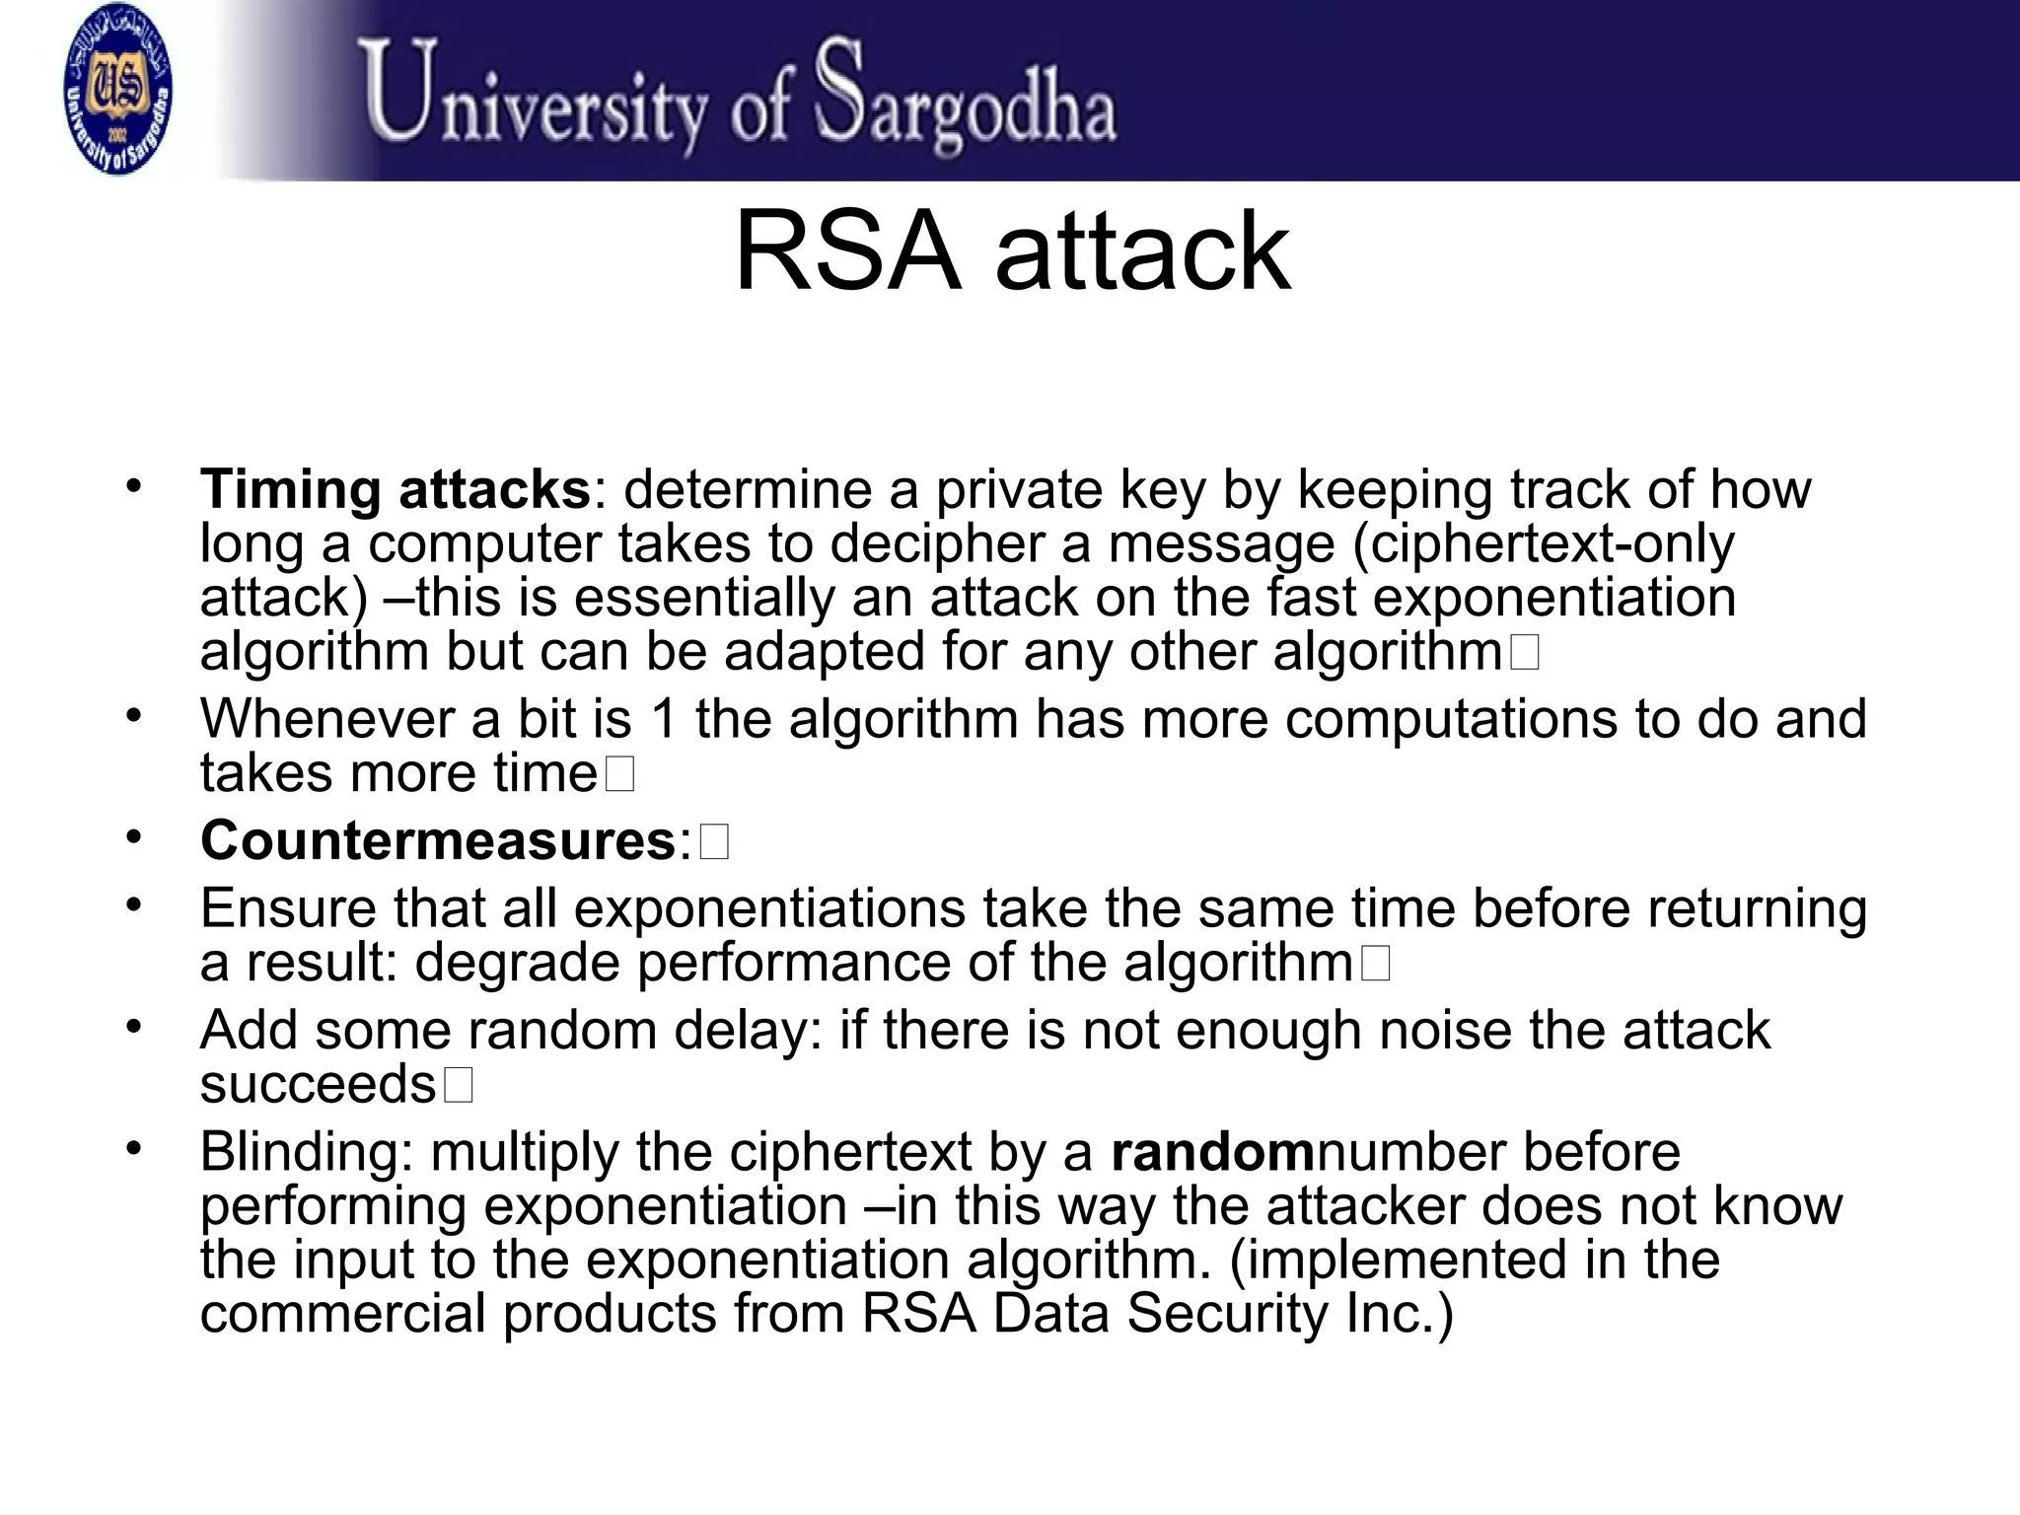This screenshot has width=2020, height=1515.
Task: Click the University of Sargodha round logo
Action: (116, 89)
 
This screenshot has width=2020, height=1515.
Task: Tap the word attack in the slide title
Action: (1142, 252)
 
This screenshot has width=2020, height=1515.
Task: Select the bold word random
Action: (1213, 1151)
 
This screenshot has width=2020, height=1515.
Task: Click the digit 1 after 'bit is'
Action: (665, 719)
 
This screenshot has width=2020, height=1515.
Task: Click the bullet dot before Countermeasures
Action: (134, 837)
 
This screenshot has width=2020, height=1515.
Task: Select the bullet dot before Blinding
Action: (134, 1147)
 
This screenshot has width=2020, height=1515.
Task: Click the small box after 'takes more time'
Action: (619, 775)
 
